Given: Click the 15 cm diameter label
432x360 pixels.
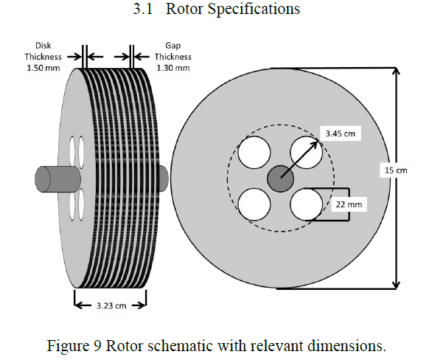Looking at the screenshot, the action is [396, 170].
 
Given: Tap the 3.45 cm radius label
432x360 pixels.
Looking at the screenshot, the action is [341, 134].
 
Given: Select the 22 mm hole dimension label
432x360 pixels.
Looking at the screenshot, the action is [349, 204].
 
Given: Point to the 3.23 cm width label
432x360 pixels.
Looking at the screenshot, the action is [111, 305].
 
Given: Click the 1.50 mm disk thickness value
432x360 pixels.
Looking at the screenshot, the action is [43, 68].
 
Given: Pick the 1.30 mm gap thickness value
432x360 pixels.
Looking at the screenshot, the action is [173, 68].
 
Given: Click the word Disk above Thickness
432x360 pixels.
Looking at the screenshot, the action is [43, 46].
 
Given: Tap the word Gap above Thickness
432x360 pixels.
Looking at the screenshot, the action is [173, 46].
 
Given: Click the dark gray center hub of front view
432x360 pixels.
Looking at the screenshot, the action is [280, 179].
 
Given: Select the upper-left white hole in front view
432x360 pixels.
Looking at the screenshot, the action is [254, 153].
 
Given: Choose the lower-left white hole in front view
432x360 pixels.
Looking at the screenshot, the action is [254, 204].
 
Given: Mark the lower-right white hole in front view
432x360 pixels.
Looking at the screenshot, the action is [306, 204].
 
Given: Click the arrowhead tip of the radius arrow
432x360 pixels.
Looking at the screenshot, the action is [318, 141].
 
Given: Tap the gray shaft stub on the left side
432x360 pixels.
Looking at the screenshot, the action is [57, 179].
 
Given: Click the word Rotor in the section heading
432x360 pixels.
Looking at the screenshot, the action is [184, 9].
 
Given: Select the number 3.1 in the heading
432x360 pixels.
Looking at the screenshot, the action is [143, 9].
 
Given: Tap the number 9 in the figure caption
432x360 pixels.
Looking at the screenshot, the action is [97, 346].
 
